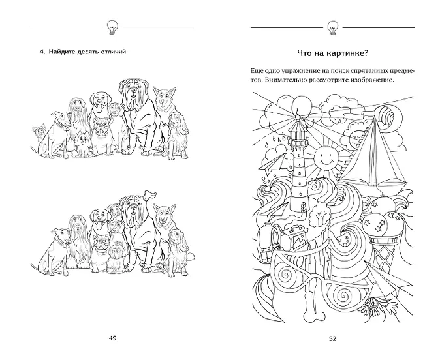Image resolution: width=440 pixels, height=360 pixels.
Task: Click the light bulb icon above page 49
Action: pos(112,27)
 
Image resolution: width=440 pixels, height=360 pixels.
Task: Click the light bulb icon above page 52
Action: pos(332,27)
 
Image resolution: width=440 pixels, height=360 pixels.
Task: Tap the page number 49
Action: pos(112,338)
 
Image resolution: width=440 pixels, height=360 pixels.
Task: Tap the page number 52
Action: pos(332,338)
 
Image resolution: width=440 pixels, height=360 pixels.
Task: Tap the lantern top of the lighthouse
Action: pos(298,121)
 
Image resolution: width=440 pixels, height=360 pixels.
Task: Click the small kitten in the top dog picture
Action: pos(38,132)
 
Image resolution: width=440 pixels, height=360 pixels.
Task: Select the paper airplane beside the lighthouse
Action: pos(272,162)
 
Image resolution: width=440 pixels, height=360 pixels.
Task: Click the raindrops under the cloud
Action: pos(275,142)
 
